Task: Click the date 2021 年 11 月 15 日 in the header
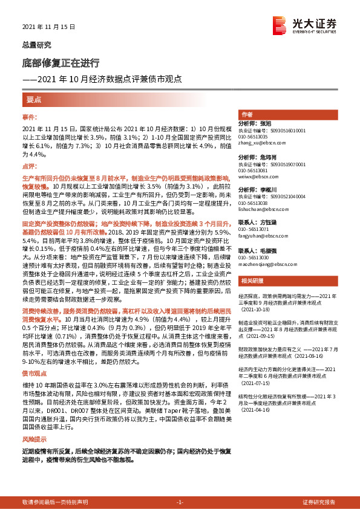(x=48, y=28)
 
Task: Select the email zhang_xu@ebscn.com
(x=261, y=143)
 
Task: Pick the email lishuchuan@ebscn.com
(x=266, y=210)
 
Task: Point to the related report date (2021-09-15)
(x=255, y=336)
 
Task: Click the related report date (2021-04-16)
(x=255, y=409)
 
